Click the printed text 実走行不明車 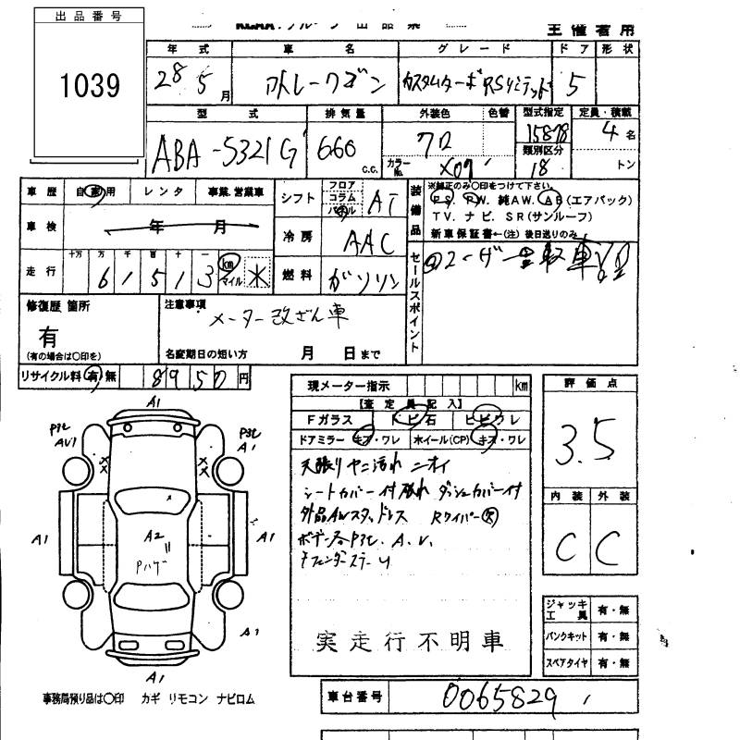411,640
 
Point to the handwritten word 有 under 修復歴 48,338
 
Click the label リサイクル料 49,376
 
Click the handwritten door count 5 575,85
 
